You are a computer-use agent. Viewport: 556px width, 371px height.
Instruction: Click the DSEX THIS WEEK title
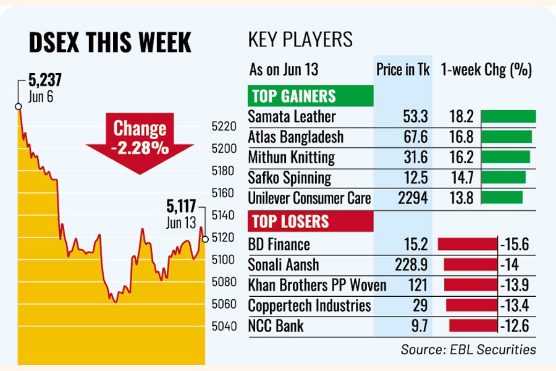tap(111, 43)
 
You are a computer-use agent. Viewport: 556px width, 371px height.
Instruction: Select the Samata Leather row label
tap(292, 116)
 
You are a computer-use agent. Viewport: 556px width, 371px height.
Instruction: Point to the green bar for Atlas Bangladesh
tap(506, 137)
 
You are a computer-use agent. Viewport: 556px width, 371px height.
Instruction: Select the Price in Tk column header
tap(403, 70)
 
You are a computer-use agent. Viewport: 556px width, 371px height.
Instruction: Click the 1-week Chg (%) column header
tap(487, 70)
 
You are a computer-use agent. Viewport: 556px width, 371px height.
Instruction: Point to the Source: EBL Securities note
tap(468, 350)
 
